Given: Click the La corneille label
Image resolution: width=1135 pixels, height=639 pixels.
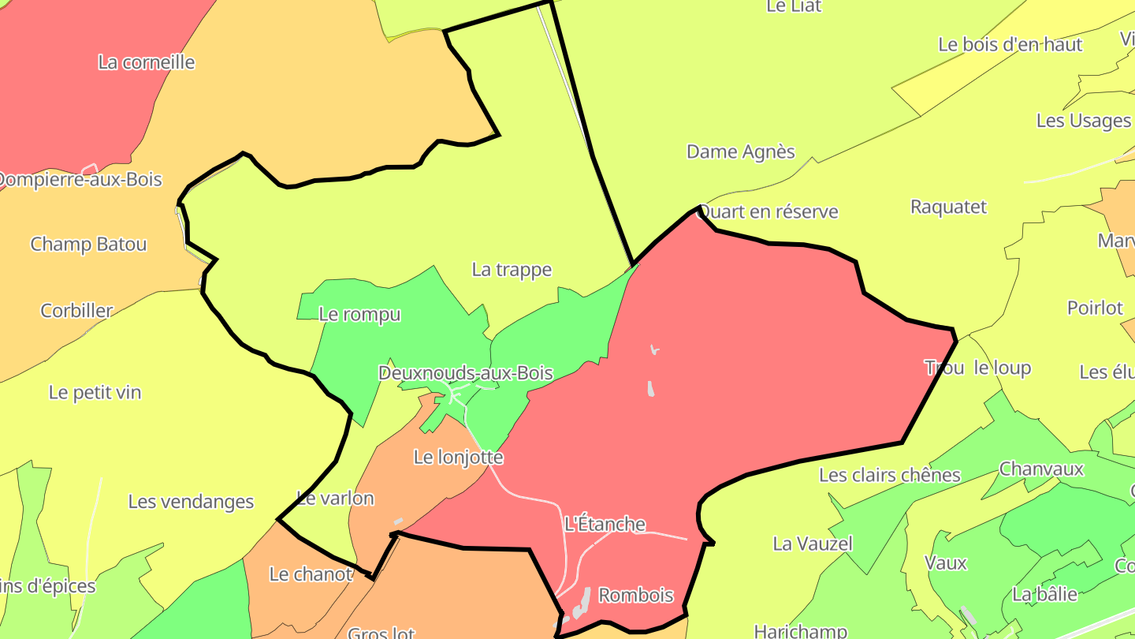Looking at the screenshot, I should pos(146,62).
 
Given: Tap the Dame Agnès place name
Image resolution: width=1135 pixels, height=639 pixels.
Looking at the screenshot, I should pos(741,151).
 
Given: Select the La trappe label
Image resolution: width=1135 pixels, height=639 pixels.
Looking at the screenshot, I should pos(512,270).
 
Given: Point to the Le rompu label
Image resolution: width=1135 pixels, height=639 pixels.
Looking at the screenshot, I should pos(359,314).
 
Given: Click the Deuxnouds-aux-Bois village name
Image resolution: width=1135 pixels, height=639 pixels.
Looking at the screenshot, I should pos(466,373).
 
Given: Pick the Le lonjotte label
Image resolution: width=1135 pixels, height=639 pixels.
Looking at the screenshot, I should pos(458,457).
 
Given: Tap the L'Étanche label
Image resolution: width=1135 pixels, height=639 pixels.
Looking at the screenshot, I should pos(605,524).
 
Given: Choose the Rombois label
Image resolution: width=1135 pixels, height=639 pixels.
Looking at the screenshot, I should pos(636,595).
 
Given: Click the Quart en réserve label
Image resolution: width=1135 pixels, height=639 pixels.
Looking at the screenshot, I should pos(768,211).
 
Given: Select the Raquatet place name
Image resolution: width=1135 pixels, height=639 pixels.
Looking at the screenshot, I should pos(948,207).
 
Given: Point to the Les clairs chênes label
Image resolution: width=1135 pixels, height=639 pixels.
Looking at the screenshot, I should pos(890,475).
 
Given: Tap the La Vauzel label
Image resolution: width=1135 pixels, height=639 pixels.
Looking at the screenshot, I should pos(813,544).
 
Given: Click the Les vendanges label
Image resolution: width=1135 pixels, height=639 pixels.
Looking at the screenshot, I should pos(191,502).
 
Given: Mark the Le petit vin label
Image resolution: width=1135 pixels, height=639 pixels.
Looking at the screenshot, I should pos(95,392).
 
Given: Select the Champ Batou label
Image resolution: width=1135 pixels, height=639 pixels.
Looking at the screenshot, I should pos(88,245).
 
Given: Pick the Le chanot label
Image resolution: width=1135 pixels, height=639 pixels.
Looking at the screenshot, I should pos(311,574).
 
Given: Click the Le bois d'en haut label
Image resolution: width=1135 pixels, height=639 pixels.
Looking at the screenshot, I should pos(1010,45).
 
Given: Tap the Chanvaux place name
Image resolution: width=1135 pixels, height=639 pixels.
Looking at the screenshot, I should pos(1041,469).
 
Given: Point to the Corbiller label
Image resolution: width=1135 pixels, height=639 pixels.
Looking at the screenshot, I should pos(76,311).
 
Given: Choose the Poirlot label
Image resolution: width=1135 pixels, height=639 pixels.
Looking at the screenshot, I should pos(1094,308).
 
